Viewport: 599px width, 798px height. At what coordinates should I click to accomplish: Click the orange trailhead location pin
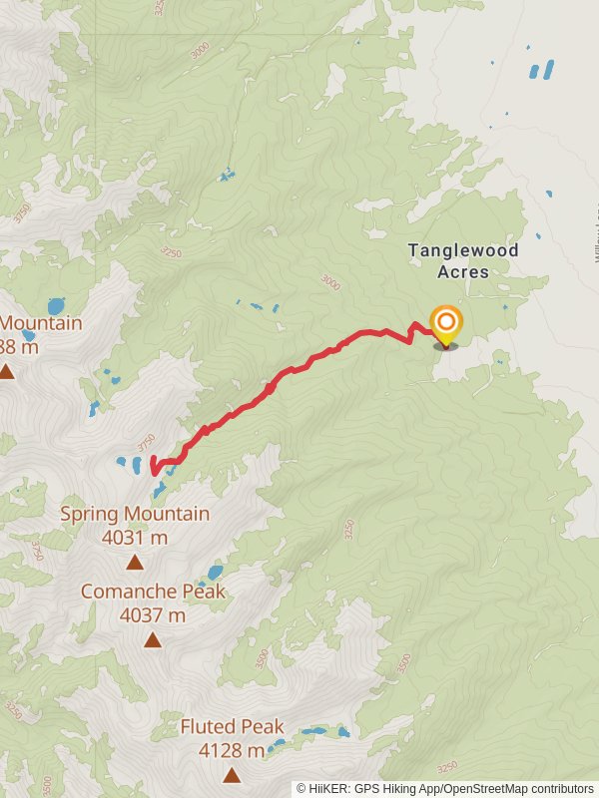[x=445, y=322]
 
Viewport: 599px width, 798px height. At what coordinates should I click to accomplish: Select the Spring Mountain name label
[x=135, y=514]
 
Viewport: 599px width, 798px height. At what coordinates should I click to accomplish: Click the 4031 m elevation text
[x=135, y=538]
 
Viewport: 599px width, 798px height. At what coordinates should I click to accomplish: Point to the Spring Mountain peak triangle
[x=134, y=562]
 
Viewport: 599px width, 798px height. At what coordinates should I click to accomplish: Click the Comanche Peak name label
[x=153, y=592]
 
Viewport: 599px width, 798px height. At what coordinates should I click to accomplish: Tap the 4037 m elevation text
[x=153, y=615]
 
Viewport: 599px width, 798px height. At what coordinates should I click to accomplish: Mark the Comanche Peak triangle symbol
[x=153, y=639]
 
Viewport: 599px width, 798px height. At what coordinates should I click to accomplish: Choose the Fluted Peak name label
[x=233, y=726]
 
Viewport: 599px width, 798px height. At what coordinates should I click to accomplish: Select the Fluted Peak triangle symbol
[x=232, y=774]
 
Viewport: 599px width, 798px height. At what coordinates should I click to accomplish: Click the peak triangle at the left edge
[x=6, y=372]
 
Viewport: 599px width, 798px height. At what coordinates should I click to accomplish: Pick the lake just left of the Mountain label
[x=56, y=306]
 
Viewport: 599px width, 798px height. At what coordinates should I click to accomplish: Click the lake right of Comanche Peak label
[x=215, y=573]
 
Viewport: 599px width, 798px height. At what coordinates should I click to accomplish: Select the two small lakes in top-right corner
[x=540, y=70]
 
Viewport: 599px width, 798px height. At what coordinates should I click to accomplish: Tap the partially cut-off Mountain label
[x=41, y=323]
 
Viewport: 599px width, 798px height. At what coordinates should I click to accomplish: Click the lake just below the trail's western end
[x=159, y=490]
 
